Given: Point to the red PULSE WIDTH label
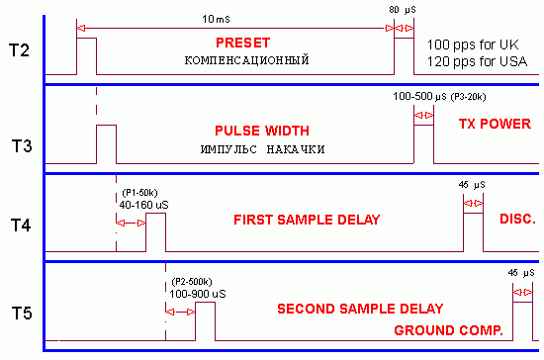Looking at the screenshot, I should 261,131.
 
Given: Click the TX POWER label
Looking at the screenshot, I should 492,125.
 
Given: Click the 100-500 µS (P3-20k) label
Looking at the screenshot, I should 438,97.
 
